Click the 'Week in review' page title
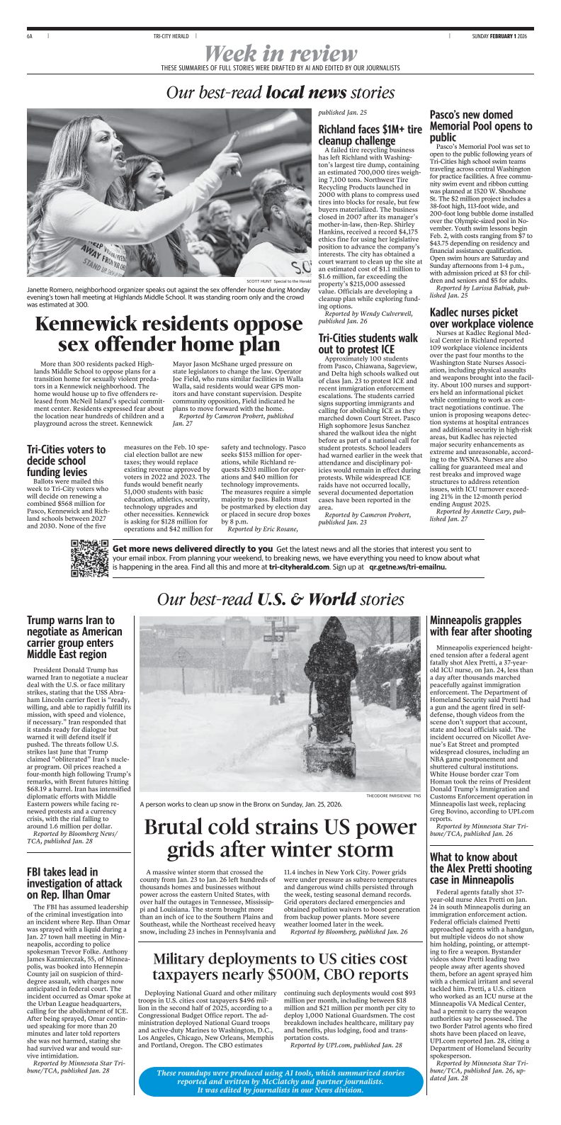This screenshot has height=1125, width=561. (281, 53)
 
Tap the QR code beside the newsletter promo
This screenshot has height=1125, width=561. (90, 558)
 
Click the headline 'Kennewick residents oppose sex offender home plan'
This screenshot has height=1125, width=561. (169, 334)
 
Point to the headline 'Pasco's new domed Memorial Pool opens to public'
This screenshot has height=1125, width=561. (481, 125)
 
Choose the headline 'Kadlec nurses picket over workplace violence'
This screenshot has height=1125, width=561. (474, 318)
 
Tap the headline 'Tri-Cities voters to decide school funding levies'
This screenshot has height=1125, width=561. (66, 460)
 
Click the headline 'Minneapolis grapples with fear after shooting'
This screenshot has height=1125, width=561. (480, 626)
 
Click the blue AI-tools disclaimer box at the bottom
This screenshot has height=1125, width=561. (280, 1081)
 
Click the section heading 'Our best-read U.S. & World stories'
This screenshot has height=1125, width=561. (280, 599)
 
